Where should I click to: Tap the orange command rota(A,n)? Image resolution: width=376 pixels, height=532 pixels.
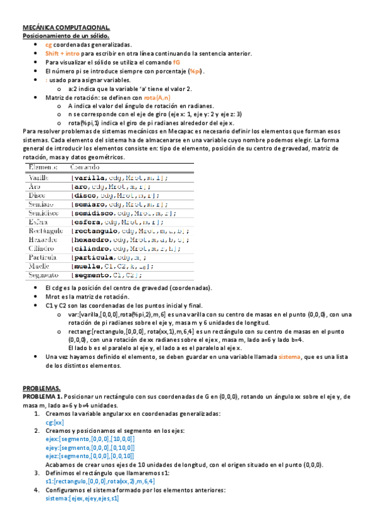coord(156,98)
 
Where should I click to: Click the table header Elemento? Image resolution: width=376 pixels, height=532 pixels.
coord(43,168)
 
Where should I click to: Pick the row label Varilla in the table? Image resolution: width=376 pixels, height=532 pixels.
coord(40,178)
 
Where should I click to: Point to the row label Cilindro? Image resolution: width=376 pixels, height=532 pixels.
coord(41,248)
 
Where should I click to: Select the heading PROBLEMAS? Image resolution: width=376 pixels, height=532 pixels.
coord(41,388)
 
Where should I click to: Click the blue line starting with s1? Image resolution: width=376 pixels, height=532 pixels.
coord(91,482)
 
